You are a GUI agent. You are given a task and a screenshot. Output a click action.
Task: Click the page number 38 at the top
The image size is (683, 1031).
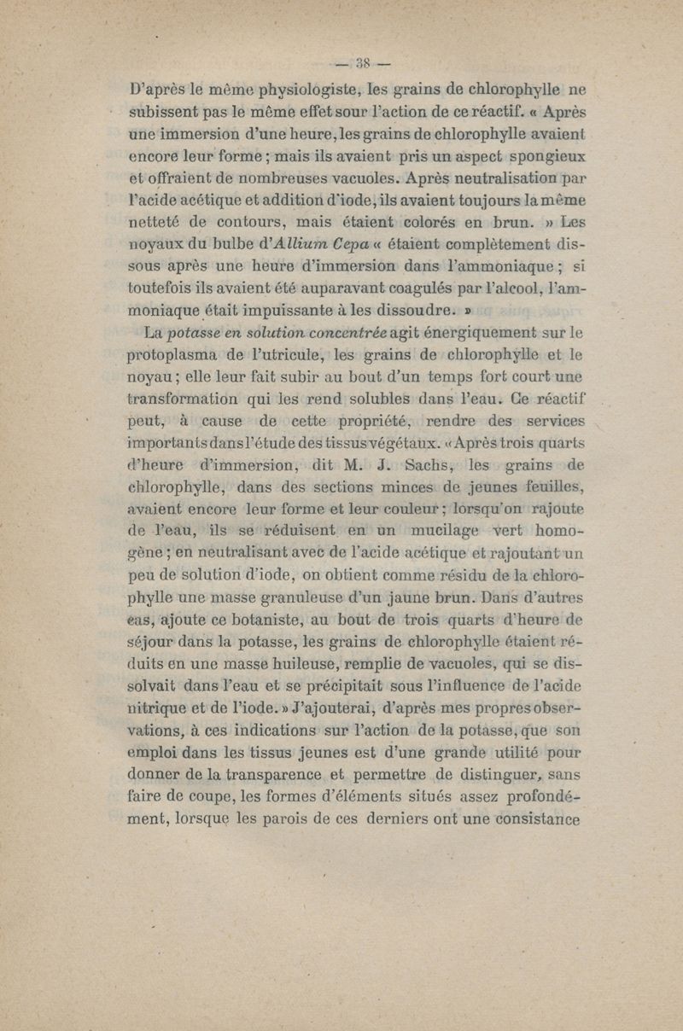(x=361, y=62)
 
